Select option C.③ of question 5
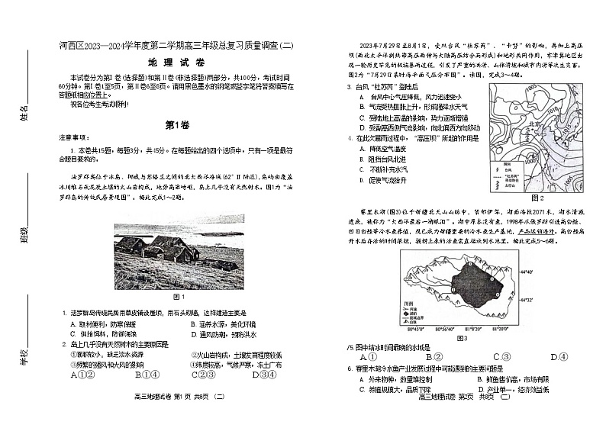pyautogui.click(x=501, y=356)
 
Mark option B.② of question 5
pyautogui.click(x=435, y=356)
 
